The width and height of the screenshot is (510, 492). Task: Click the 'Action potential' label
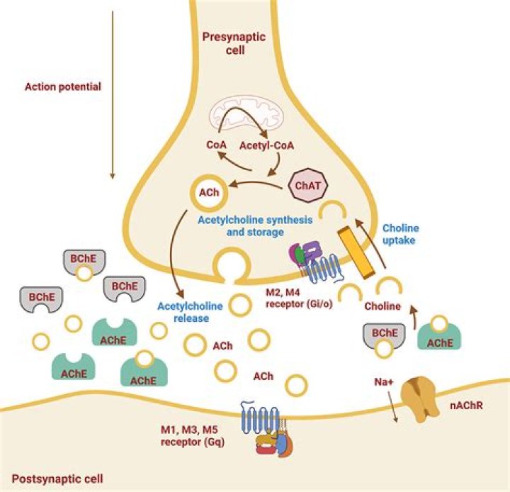(63, 87)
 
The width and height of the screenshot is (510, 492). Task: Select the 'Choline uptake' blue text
(402, 235)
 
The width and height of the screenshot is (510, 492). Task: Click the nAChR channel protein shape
(420, 399)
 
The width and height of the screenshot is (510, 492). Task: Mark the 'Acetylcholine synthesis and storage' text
(254, 225)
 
